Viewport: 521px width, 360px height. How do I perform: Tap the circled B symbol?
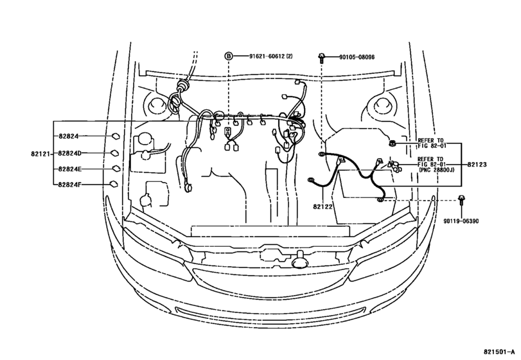point(228,57)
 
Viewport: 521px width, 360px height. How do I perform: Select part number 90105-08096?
point(357,57)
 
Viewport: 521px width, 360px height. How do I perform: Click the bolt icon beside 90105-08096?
point(321,57)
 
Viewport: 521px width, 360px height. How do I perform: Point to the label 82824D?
point(69,153)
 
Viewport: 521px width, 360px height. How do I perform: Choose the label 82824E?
point(69,168)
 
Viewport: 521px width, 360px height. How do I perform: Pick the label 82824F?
point(69,184)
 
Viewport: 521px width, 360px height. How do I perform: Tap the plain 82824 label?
point(67,136)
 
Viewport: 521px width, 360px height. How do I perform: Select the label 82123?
point(477,165)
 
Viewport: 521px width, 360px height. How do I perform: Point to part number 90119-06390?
point(461,221)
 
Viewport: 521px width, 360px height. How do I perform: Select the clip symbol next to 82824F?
point(114,184)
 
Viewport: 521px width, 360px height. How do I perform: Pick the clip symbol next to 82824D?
point(114,153)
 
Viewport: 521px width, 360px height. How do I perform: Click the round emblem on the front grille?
point(299,260)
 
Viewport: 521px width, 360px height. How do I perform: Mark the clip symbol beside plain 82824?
point(114,136)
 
